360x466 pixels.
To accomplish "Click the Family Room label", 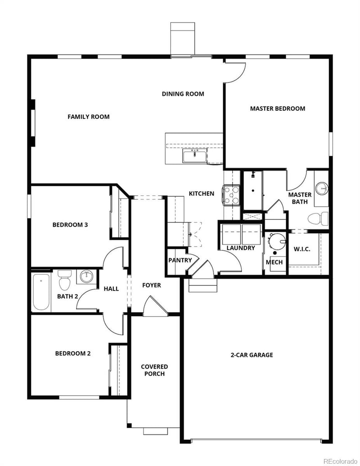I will pyautogui.click(x=89, y=117).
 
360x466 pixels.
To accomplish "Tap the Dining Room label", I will pyautogui.click(x=183, y=94).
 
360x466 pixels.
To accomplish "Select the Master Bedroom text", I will pyautogui.click(x=278, y=109).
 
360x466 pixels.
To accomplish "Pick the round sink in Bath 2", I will pyautogui.click(x=85, y=276).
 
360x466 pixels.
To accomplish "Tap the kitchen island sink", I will pyautogui.click(x=195, y=156).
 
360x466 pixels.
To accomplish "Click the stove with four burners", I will pyautogui.click(x=232, y=195).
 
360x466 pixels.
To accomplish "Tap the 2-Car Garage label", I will pyautogui.click(x=252, y=355).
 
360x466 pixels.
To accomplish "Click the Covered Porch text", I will pyautogui.click(x=154, y=370).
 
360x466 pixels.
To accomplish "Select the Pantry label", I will pyautogui.click(x=180, y=260).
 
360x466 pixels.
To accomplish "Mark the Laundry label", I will pyautogui.click(x=241, y=248).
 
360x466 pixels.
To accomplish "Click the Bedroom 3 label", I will pyautogui.click(x=70, y=225).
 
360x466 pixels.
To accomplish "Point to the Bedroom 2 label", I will pyautogui.click(x=73, y=353).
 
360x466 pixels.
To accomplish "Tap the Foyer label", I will pyautogui.click(x=152, y=285).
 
